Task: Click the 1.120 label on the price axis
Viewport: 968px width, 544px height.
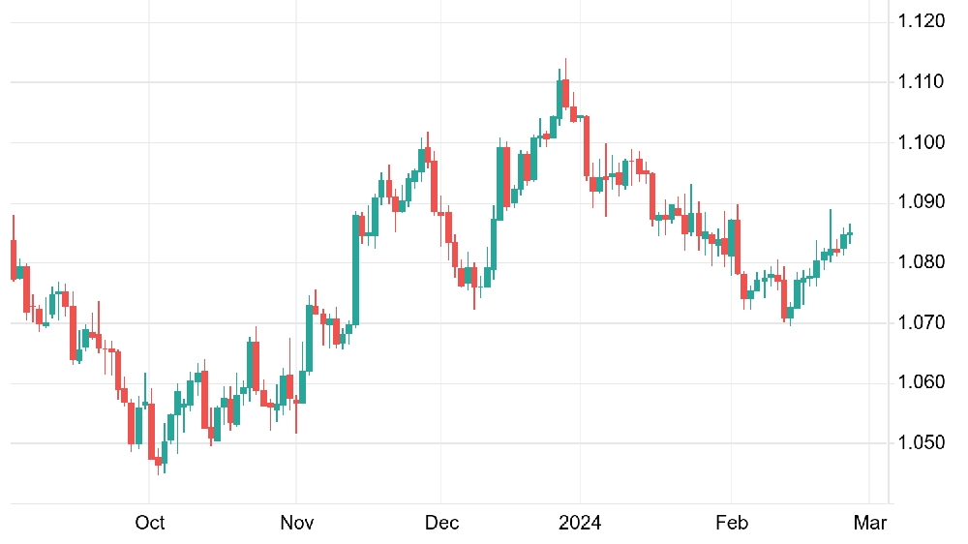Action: tap(922, 21)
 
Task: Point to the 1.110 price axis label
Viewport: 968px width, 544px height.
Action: tap(922, 81)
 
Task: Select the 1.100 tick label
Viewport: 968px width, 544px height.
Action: tap(922, 142)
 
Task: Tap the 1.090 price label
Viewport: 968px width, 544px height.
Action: tap(922, 202)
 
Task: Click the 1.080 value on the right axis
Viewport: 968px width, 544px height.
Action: tap(922, 261)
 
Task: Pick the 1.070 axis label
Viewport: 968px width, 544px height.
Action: tap(922, 322)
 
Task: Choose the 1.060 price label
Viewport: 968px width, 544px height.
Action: tap(922, 382)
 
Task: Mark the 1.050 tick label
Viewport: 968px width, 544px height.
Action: tap(922, 442)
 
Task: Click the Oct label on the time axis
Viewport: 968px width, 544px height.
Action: tap(149, 523)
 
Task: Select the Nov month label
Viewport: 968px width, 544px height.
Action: tap(297, 523)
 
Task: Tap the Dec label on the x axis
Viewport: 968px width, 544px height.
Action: tap(442, 523)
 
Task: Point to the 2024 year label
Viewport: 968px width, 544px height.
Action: tap(580, 523)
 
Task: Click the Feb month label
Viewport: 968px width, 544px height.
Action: tap(732, 523)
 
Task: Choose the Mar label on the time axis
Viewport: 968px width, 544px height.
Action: tap(870, 523)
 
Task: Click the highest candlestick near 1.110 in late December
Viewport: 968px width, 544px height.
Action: tap(565, 93)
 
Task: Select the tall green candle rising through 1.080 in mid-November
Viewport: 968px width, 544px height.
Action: tap(355, 269)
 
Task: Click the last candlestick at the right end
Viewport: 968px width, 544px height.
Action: tap(850, 233)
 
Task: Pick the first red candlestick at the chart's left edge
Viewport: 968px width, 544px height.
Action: tap(14, 259)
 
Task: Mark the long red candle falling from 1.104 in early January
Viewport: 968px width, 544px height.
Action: tap(587, 147)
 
